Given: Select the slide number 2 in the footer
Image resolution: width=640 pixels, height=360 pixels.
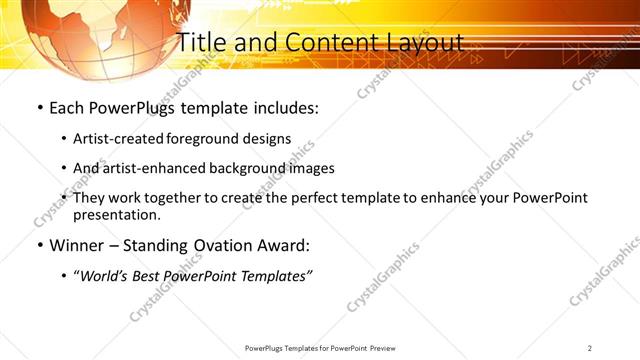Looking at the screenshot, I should click(590, 348).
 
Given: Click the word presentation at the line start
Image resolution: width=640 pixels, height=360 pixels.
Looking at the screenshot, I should click(115, 214).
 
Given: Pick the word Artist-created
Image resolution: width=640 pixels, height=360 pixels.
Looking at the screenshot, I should click(115, 138).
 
